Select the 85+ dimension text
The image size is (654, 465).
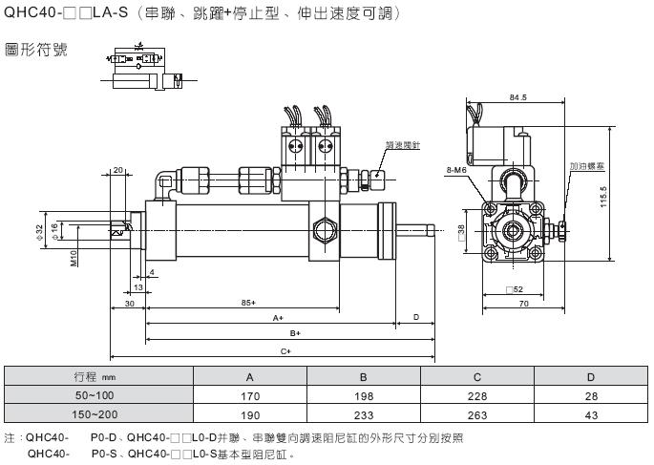point(248,303)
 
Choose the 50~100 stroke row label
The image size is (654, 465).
point(95,394)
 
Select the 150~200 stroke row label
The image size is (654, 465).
point(95,413)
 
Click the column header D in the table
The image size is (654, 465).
point(590,375)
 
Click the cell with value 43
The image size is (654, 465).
point(590,413)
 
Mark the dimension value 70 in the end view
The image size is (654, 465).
point(523,303)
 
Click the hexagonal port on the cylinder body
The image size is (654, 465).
point(323,228)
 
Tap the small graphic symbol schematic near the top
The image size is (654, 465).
point(142,70)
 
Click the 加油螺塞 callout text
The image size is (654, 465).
point(583,166)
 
